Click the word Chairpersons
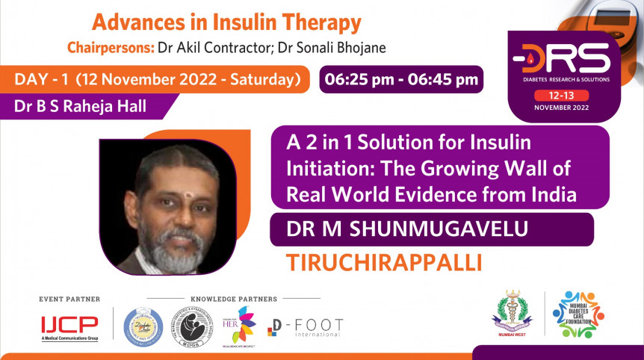110,48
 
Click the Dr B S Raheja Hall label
80,106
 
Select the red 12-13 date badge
571,96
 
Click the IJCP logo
69,326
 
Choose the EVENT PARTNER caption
69,299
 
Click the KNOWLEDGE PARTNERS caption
234,299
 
